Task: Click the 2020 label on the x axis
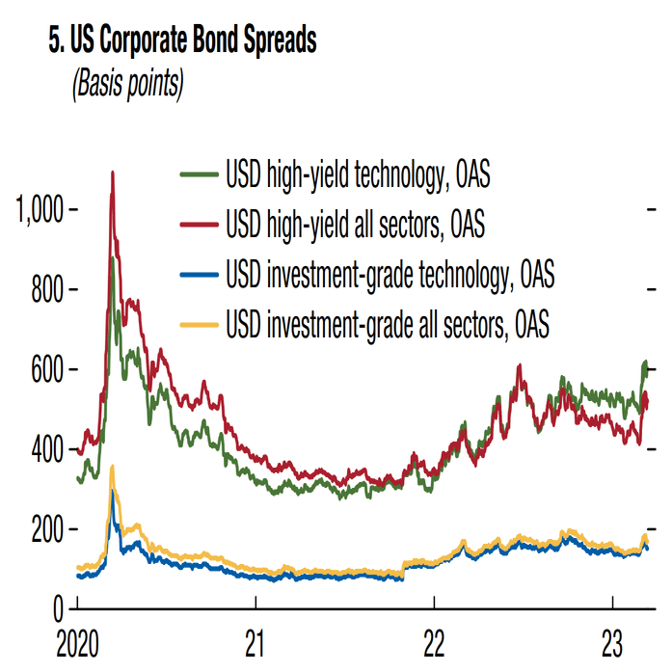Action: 77,644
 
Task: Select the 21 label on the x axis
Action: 255,644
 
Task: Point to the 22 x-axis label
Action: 434,644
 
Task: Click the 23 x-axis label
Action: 613,644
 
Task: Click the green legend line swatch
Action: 199,175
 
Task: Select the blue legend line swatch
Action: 199,275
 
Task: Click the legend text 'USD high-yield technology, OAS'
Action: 360,175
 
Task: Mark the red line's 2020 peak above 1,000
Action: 113,174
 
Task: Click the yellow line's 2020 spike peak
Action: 113,467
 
